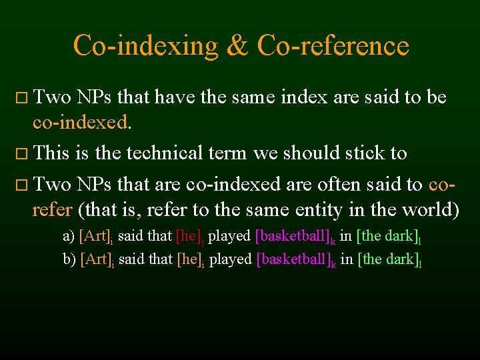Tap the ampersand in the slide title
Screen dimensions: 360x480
[237, 46]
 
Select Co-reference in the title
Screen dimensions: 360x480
[333, 46]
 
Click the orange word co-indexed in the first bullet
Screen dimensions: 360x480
[80, 122]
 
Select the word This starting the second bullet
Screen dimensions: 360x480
[51, 153]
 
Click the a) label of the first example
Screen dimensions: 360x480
[69, 236]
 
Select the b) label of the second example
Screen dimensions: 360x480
[69, 259]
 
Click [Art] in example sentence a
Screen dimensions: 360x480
[94, 236]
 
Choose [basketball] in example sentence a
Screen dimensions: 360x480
[293, 236]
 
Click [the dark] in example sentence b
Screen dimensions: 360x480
[387, 259]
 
